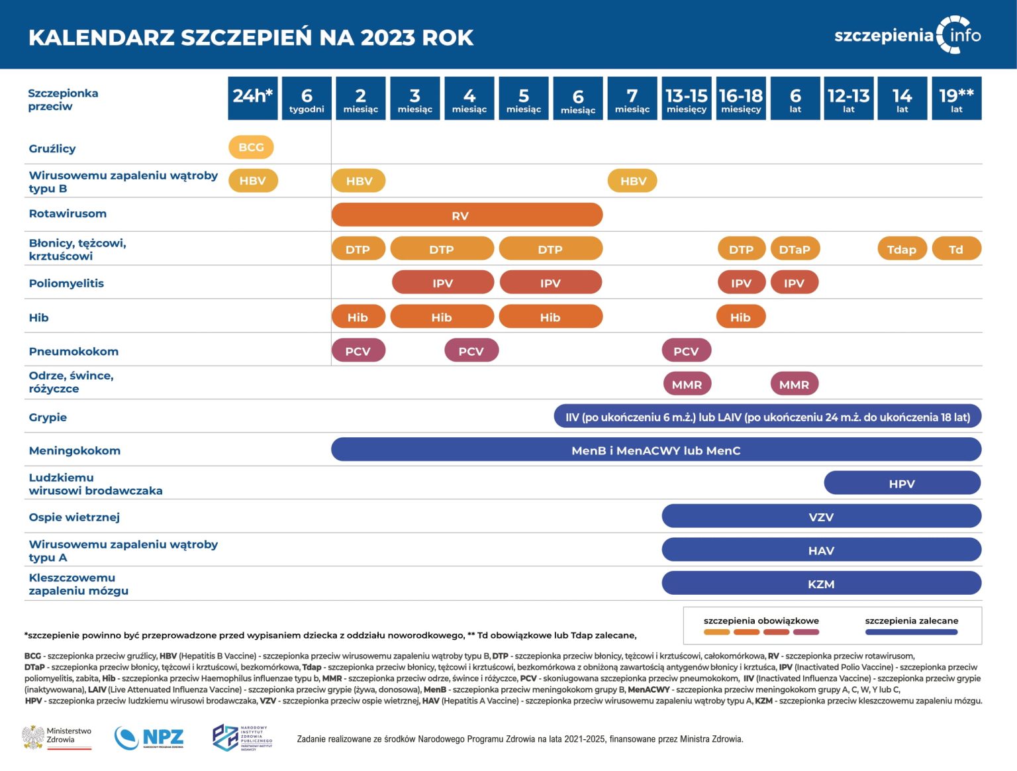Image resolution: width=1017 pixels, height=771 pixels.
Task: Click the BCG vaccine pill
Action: point(251,147)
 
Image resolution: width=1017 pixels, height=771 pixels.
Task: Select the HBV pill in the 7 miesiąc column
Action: point(632,181)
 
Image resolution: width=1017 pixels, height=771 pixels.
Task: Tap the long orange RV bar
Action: point(467,215)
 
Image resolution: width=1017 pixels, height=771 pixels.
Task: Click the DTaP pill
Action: point(795,249)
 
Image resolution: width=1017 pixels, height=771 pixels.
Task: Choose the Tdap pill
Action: point(902,249)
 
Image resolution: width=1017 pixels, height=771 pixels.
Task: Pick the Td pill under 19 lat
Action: point(956,249)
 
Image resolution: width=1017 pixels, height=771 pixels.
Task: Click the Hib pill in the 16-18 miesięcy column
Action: point(740,317)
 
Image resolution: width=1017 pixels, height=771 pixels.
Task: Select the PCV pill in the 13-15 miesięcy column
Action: point(686,351)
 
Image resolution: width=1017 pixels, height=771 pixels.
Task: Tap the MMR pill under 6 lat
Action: point(794,384)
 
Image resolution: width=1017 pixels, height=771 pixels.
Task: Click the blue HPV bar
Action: point(902,484)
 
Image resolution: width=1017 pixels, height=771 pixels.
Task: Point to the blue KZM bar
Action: point(821,584)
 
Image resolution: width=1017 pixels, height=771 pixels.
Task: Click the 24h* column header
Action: point(252,98)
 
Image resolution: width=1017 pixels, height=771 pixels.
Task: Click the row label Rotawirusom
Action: point(68,213)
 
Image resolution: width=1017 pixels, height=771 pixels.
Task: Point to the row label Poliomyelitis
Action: point(66,283)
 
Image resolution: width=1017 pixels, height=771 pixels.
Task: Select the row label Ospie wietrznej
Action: point(74,517)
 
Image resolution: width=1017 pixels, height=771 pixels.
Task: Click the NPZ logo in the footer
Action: point(149,737)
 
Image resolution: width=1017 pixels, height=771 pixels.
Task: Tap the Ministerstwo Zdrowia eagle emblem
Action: point(33,737)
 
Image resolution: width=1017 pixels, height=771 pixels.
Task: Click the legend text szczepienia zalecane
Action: point(911,621)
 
